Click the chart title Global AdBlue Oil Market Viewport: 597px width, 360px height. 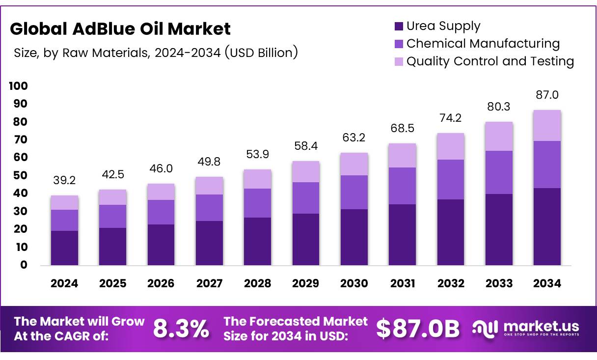[x=120, y=29]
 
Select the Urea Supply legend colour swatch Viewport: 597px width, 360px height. [x=399, y=27]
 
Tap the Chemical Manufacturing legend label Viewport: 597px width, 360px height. [x=483, y=44]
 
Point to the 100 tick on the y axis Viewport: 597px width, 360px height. [x=18, y=86]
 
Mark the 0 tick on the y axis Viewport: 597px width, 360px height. [x=24, y=265]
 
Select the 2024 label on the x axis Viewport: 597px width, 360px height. [x=64, y=283]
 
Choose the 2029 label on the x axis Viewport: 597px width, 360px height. [x=305, y=283]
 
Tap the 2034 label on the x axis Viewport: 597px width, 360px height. [x=547, y=283]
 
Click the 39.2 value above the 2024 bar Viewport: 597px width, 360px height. [x=64, y=181]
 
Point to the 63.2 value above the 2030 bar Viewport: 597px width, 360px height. [x=354, y=138]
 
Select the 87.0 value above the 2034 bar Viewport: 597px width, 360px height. [x=547, y=95]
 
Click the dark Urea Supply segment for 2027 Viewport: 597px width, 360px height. [x=209, y=243]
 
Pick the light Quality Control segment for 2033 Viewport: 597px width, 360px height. [x=499, y=136]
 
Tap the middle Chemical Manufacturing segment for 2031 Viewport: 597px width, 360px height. [x=402, y=186]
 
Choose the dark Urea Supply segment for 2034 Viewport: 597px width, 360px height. [x=547, y=226]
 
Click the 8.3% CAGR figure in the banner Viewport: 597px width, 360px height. [x=181, y=329]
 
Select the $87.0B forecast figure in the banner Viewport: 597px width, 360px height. [x=418, y=329]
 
